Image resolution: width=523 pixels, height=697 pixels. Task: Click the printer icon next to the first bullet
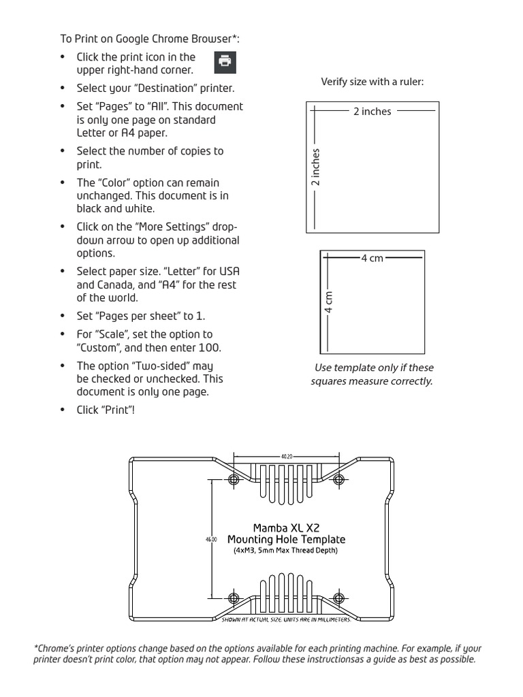point(225,61)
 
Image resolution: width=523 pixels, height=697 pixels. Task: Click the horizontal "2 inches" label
point(372,112)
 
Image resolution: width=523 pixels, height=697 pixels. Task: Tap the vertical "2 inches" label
point(315,167)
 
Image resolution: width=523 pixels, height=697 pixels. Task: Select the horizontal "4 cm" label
point(372,258)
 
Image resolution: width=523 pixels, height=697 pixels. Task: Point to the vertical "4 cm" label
point(329,302)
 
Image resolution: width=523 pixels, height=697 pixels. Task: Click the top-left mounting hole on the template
point(234,480)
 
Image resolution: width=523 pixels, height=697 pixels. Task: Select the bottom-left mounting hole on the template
point(234,598)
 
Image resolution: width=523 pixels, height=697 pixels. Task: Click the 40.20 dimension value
point(286,457)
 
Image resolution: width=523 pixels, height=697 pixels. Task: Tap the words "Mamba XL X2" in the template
point(286,528)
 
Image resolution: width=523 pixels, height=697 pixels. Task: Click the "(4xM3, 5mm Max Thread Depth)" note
point(286,551)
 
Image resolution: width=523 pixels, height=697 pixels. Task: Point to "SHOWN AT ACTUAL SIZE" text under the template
point(255,620)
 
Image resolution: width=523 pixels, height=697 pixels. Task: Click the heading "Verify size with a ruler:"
point(372,82)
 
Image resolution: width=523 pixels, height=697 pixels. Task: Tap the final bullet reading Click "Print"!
point(106,411)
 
